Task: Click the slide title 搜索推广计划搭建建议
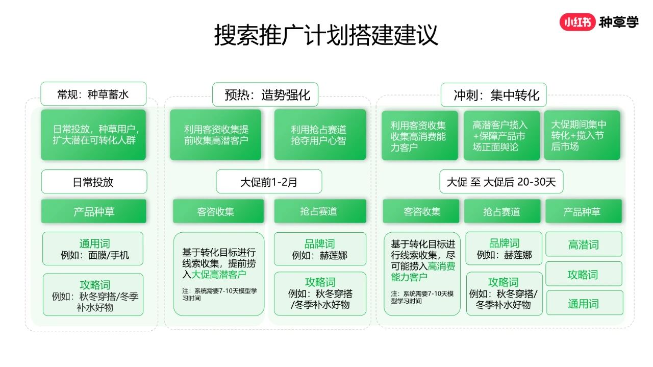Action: pos(326,35)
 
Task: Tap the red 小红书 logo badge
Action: pos(577,22)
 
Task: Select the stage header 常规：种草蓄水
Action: pos(93,94)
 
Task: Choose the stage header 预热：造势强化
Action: pos(265,94)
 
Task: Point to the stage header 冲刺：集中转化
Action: pos(493,95)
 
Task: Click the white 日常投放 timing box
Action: pos(94,182)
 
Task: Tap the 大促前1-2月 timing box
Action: pos(269,182)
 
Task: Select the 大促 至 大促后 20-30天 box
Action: pos(501,181)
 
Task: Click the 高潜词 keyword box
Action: pos(584,244)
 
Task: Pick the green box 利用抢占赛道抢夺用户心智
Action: pos(320,134)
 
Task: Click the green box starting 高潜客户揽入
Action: pos(501,135)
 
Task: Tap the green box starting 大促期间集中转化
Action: pos(582,135)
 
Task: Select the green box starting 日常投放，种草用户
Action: pos(93,135)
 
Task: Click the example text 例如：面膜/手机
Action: pos(94,255)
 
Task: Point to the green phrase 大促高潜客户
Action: pos(218,274)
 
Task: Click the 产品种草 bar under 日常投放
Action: pos(93,211)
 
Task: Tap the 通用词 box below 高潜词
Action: pos(585,303)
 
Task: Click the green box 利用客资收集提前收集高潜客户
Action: pos(215,135)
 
